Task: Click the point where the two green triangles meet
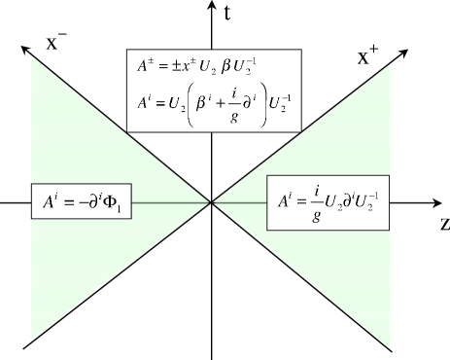tap(211, 202)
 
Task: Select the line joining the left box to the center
tap(171, 202)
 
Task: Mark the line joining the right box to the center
tap(239, 202)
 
